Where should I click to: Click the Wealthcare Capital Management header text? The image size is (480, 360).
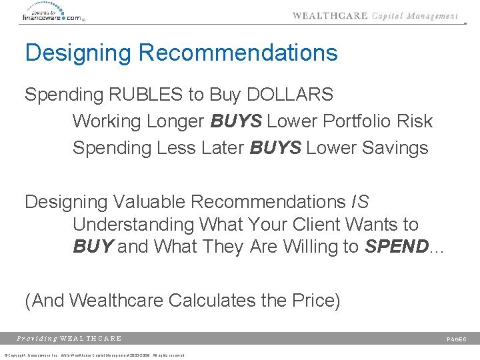pos(375,16)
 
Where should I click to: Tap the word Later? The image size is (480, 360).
pos(221,148)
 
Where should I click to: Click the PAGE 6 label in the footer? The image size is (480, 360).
pos(456,339)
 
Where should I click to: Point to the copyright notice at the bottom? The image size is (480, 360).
pos(93,355)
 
